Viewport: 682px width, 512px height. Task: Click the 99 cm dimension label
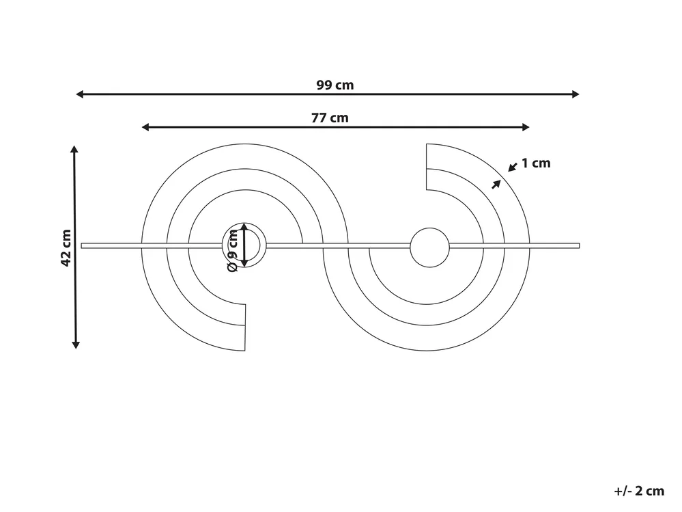click(x=335, y=85)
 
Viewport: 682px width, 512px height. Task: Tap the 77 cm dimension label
click(x=330, y=118)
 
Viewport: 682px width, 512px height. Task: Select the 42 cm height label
click(x=66, y=247)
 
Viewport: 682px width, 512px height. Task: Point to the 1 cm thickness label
click(x=536, y=163)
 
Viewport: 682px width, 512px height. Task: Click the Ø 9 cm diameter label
click(x=233, y=251)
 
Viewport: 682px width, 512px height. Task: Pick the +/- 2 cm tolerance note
click(x=639, y=491)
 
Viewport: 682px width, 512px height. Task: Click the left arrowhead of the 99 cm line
click(x=80, y=94)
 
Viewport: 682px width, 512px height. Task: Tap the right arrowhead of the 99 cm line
click(x=576, y=94)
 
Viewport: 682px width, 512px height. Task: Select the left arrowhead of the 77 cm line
click(x=145, y=127)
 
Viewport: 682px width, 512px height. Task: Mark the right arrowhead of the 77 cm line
click(x=526, y=127)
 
